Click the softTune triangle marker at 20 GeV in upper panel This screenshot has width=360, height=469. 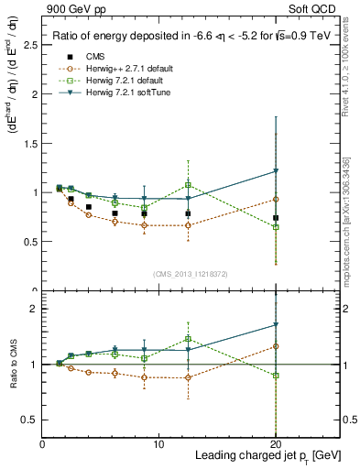(x=276, y=171)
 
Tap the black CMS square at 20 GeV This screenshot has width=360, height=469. (x=276, y=218)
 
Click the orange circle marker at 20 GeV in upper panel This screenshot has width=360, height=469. (x=276, y=199)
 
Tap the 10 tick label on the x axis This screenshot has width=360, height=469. (x=158, y=444)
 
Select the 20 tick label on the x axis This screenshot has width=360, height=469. (x=276, y=444)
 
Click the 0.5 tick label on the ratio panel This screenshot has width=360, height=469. (x=30, y=420)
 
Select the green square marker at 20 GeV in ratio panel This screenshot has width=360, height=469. (x=276, y=376)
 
